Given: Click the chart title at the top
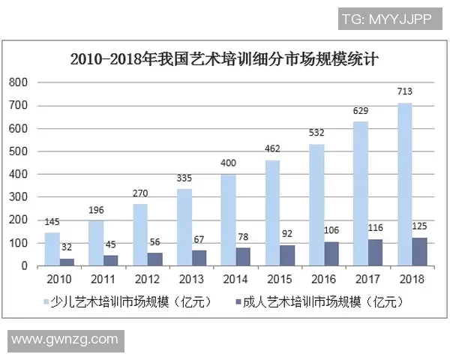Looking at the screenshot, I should [225, 58].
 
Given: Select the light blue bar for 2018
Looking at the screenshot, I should [405, 184].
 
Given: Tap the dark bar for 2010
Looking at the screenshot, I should [67, 262].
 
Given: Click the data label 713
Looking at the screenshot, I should [405, 92].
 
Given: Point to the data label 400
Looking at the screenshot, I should [228, 163].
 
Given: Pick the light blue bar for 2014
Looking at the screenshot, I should [228, 220].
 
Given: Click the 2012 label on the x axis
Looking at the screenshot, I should [147, 280].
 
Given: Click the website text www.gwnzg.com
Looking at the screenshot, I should [64, 339].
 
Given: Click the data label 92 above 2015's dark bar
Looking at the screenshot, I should [287, 234].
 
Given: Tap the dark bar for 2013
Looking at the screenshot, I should [199, 258].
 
